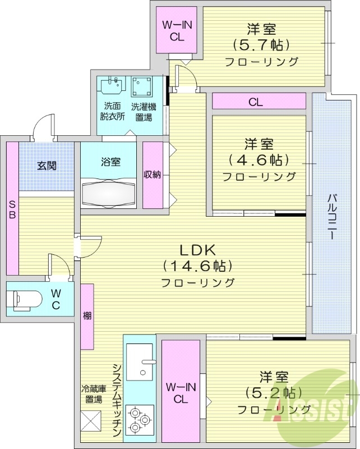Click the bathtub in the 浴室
point(109,194)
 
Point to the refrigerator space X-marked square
point(91,420)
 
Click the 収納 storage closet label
point(152,175)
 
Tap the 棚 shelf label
point(87,316)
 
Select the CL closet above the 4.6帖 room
point(256,102)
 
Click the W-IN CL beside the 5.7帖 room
point(177,31)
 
